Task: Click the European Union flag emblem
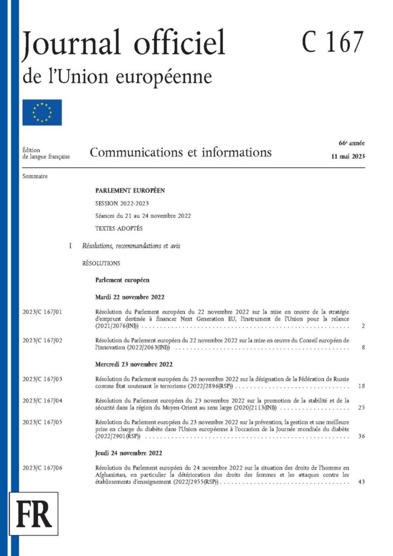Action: point(42,112)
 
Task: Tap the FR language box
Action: point(34,513)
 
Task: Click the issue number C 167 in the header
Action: point(333,42)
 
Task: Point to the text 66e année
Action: point(352,143)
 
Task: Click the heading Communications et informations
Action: point(181,152)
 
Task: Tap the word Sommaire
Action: point(35,177)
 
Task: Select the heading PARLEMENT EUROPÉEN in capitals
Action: point(130,191)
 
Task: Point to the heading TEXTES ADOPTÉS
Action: point(118,229)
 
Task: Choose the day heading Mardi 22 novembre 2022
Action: point(130,297)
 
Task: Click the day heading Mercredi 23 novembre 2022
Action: point(135,364)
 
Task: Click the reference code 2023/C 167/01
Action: point(43,312)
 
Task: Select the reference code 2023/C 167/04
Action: point(43,400)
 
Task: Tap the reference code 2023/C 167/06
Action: point(43,467)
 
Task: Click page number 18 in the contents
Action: point(362,387)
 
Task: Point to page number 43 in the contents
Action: point(362,482)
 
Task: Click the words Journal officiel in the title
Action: point(123,43)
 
